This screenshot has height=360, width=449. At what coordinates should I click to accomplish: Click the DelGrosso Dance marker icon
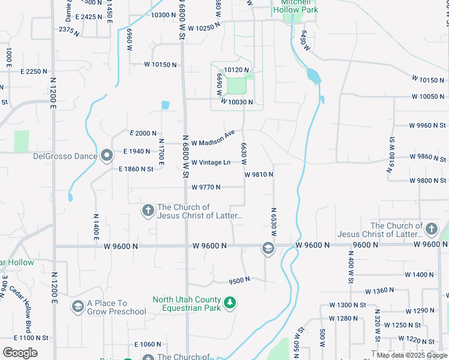tap(107, 156)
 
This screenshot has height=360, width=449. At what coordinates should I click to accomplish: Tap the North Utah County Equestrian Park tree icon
tap(229, 304)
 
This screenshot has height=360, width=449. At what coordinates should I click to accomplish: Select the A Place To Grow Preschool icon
tap(77, 307)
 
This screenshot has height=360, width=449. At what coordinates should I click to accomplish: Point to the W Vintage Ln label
tap(211, 163)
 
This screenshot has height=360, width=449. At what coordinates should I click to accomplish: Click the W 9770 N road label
tap(206, 187)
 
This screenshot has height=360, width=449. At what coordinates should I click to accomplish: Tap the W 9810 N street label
tap(259, 175)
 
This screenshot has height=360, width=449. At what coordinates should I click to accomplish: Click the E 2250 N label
tap(34, 71)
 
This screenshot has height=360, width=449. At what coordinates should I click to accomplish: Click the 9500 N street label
tap(240, 281)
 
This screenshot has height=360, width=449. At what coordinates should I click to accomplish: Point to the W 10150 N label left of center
tap(161, 64)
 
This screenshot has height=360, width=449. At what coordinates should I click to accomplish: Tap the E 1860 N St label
tap(136, 169)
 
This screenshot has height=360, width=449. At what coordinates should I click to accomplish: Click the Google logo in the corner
tap(20, 353)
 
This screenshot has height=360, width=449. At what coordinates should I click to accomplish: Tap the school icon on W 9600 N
tap(268, 248)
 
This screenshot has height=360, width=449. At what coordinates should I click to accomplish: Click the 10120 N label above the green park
tap(236, 70)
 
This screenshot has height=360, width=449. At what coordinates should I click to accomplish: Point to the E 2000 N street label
tap(143, 133)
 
